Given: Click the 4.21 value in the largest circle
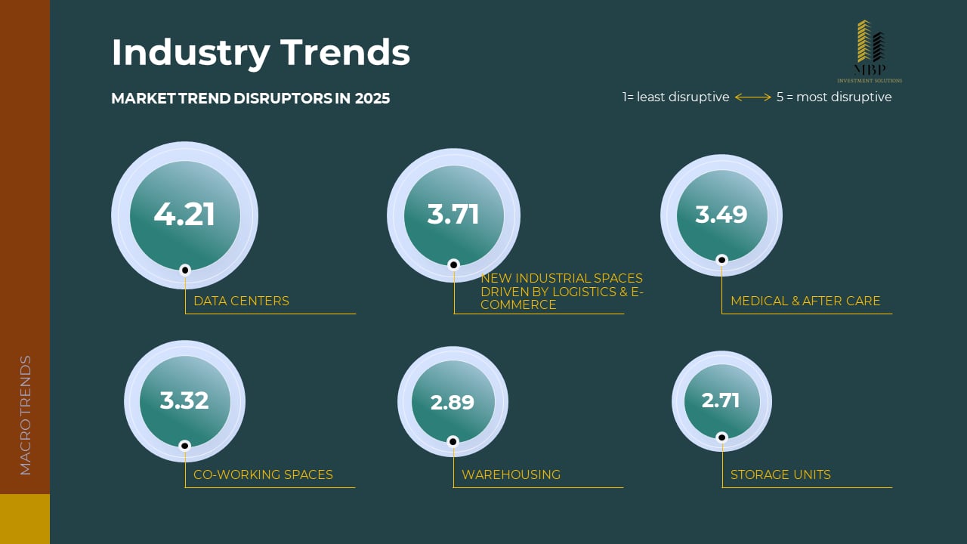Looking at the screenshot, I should [184, 215].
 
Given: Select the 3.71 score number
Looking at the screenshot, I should [453, 215].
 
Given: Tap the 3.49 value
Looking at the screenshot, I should [721, 215].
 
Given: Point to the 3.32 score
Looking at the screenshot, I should [184, 400].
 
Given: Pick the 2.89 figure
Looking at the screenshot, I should [453, 403].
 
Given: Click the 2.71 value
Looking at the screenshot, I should [721, 400].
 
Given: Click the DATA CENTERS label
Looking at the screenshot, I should [241, 301].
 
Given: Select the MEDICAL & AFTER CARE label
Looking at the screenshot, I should [805, 301].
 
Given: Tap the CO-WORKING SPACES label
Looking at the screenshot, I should [263, 475].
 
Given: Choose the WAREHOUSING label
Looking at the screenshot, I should [511, 475].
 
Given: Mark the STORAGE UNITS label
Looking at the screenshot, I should [780, 475].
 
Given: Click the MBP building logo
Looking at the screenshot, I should [870, 44].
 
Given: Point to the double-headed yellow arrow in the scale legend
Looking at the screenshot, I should [752, 97].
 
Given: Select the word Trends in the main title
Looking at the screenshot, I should [345, 53].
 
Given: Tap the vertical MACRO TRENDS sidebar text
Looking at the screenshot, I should [26, 415].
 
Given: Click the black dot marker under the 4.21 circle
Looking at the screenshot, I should [185, 270].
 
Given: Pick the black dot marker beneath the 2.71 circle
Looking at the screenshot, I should [721, 437].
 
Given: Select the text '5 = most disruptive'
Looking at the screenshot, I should [834, 97].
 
